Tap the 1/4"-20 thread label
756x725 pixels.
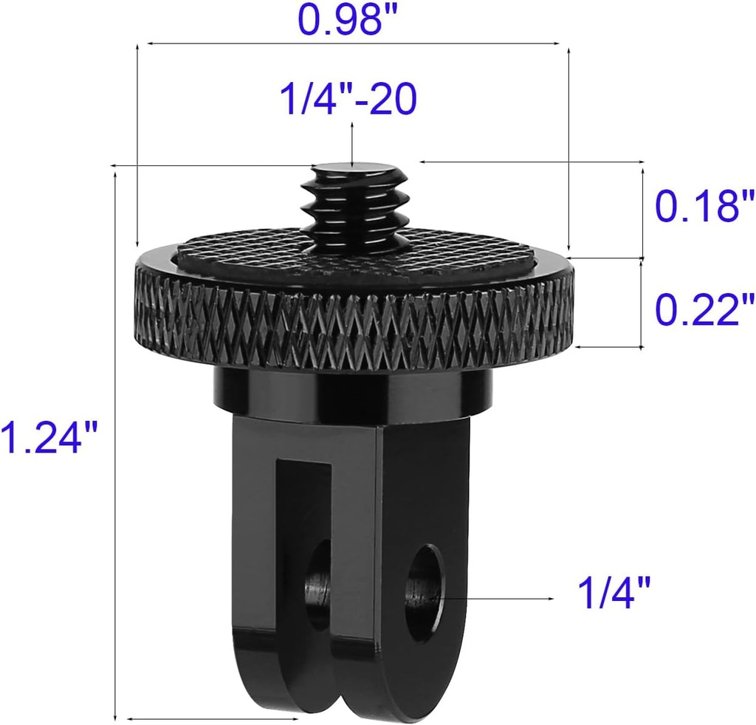[x=348, y=99]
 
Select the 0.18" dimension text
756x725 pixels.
[x=705, y=206]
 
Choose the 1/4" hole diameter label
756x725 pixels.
[x=614, y=595]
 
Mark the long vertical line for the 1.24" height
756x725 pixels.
[x=116, y=443]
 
